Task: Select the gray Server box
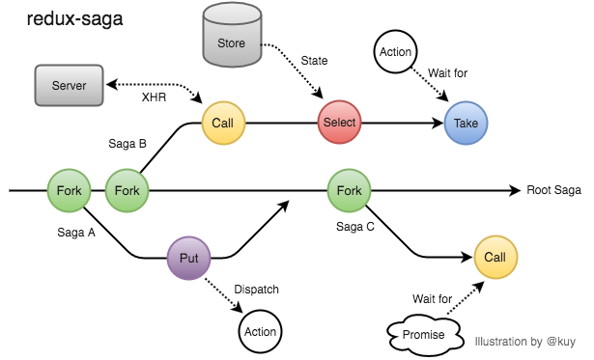pyautogui.click(x=69, y=86)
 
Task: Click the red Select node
pyautogui.click(x=339, y=123)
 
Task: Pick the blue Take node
pyautogui.click(x=467, y=124)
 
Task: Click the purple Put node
pyautogui.click(x=189, y=259)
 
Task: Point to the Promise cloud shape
pyautogui.click(x=424, y=334)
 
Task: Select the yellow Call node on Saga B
pyautogui.click(x=223, y=123)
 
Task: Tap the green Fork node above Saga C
pyautogui.click(x=350, y=190)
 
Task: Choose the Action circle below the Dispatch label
pyautogui.click(x=261, y=331)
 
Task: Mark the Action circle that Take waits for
pyautogui.click(x=396, y=52)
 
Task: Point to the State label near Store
pyautogui.click(x=314, y=60)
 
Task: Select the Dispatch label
pyautogui.click(x=257, y=288)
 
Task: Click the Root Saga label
pyautogui.click(x=553, y=190)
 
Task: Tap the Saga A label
pyautogui.click(x=76, y=233)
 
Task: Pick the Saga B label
pyautogui.click(x=127, y=144)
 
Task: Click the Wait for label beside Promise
pyautogui.click(x=431, y=298)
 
